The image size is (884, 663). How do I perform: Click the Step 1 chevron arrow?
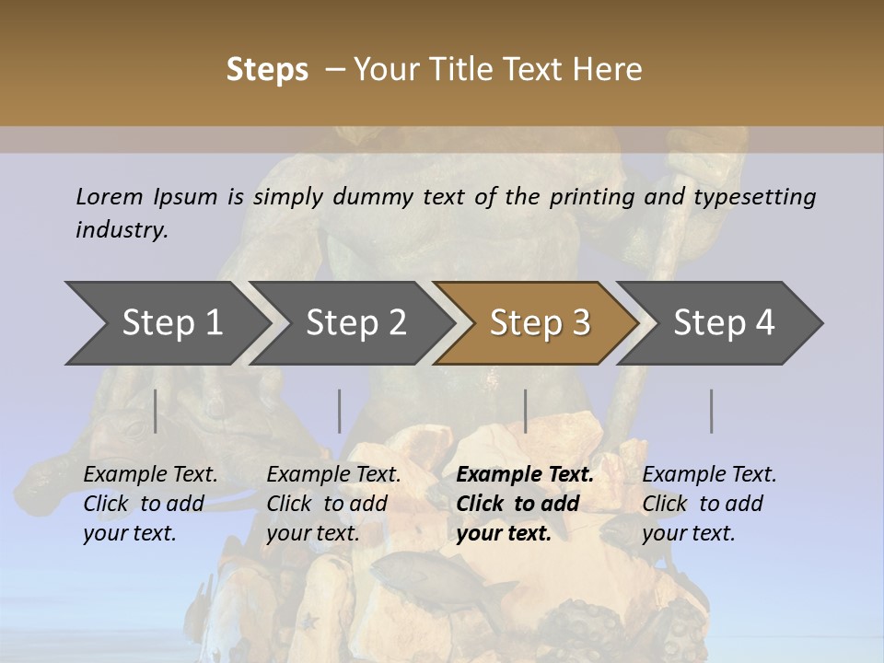(x=170, y=322)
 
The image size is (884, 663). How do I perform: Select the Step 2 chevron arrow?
(x=355, y=322)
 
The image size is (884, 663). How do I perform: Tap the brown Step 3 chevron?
(x=540, y=322)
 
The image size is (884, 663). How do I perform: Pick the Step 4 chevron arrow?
(x=724, y=322)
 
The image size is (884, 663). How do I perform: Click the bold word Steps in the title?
(x=267, y=69)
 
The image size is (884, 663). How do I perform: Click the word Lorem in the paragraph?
(x=110, y=196)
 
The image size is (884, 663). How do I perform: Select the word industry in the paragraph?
(x=122, y=229)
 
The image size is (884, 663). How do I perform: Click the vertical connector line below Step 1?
(x=156, y=411)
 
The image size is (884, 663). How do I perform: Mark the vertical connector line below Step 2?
(x=340, y=411)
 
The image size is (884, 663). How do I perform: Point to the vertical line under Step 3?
(x=525, y=411)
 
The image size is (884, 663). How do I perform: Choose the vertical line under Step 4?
(x=711, y=411)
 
